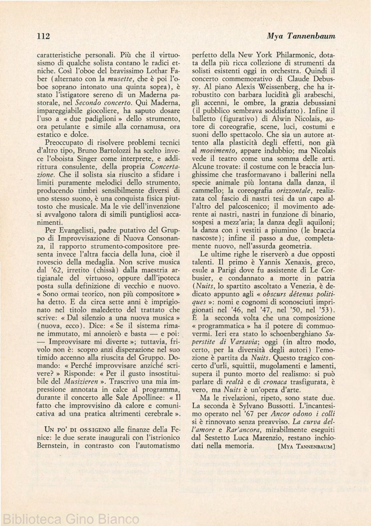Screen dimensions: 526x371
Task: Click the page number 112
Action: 43,36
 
